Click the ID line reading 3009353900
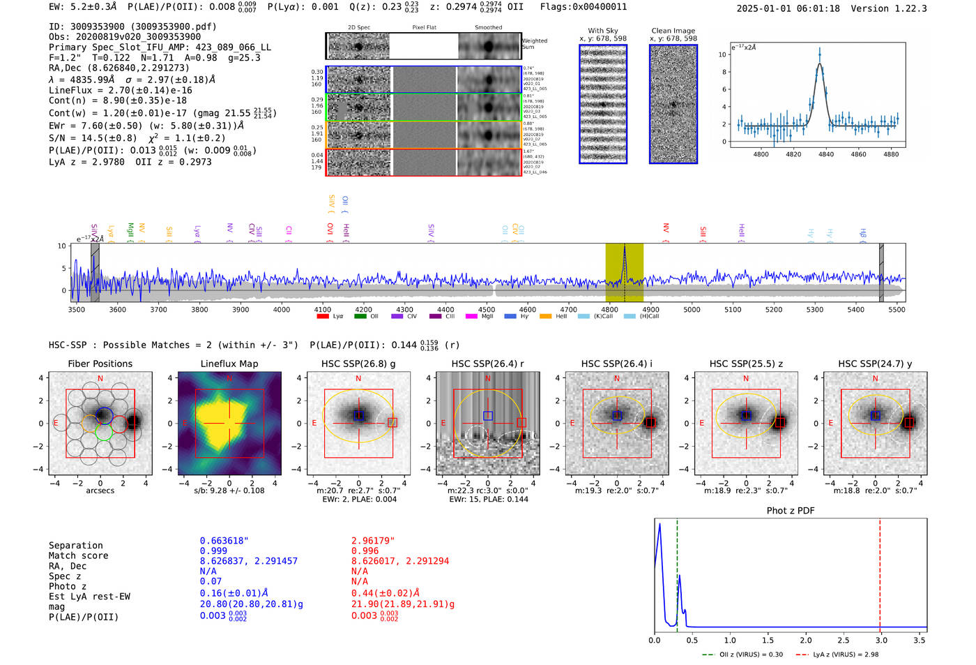[x=132, y=27]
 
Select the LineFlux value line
[x=121, y=91]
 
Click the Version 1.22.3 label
[x=889, y=9]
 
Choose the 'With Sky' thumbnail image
[x=603, y=104]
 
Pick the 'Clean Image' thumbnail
[x=673, y=104]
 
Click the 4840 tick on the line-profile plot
[x=826, y=154]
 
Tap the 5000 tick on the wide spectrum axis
[x=692, y=310]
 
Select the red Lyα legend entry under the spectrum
[x=330, y=317]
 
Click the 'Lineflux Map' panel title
[x=229, y=364]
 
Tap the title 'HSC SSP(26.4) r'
[x=487, y=364]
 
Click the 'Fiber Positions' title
[x=100, y=364]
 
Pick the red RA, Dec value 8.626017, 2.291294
[x=400, y=561]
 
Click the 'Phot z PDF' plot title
[x=791, y=511]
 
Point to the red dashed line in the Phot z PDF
[x=880, y=572]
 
